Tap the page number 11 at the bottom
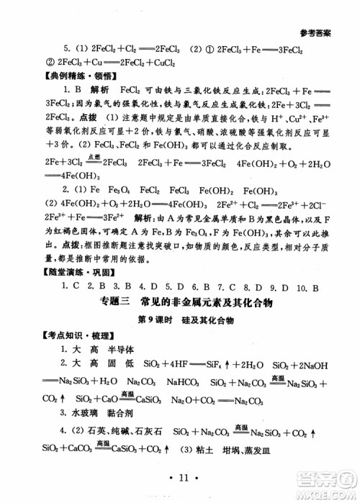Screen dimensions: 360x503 coord(180,477)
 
